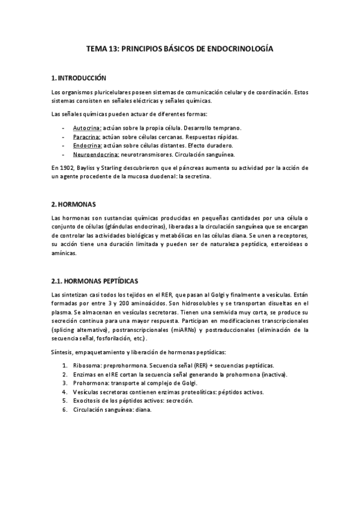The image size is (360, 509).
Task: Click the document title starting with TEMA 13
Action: tap(180, 52)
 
